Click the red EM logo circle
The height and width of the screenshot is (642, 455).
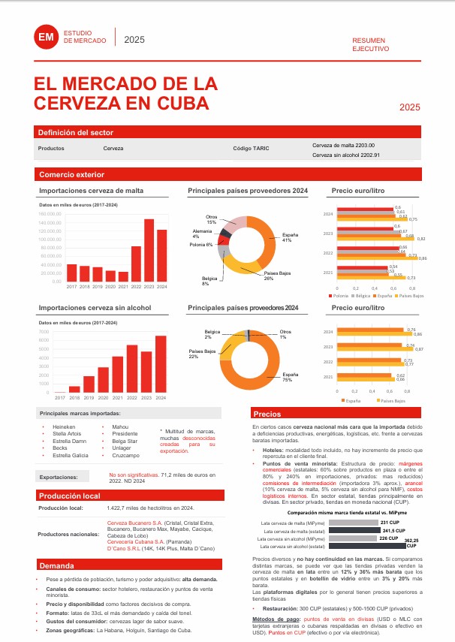point(47,37)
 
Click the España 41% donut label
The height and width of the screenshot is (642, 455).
point(287,238)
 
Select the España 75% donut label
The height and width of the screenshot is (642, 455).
point(287,377)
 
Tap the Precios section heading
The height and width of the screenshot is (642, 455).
point(267,414)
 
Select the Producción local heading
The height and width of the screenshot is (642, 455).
point(70,496)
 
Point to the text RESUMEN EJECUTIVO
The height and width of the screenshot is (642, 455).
point(371,44)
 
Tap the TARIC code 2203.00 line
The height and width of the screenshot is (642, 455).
point(343,145)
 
